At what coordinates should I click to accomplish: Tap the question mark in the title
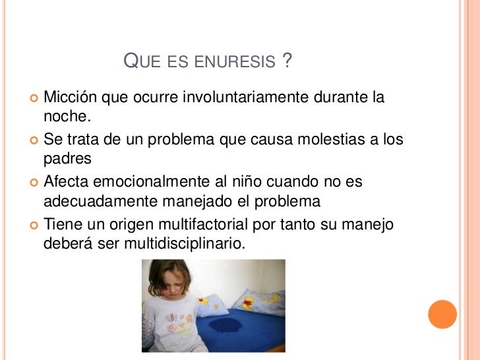(286, 62)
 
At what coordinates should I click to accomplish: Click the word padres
(67, 159)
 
